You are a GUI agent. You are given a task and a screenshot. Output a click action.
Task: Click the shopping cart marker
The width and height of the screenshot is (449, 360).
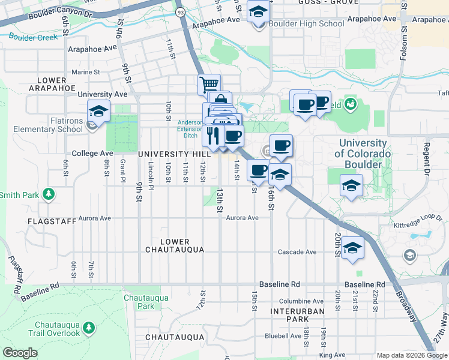point(209,84)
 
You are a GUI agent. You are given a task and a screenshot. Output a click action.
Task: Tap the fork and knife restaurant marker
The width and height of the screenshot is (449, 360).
point(212,135)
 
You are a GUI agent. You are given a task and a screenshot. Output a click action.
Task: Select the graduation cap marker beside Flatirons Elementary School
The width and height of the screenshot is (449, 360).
point(98,111)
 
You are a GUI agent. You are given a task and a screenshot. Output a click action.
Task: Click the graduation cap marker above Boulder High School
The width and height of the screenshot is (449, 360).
point(259,12)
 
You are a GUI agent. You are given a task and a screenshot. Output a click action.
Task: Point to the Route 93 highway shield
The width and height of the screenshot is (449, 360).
point(179,11)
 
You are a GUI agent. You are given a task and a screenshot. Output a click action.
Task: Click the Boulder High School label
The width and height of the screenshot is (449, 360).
point(306,24)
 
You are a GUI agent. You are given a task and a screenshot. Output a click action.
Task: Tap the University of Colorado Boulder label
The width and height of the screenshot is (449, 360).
point(363,154)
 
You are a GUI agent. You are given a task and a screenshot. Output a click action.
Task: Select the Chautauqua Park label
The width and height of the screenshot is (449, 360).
point(139,301)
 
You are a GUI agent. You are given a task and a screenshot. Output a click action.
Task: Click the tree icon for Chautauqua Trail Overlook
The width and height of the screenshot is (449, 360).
point(89,327)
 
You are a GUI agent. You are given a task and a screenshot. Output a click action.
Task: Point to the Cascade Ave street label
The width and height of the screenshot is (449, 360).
point(297,252)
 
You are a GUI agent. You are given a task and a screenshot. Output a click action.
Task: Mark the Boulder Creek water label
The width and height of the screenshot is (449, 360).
point(34,37)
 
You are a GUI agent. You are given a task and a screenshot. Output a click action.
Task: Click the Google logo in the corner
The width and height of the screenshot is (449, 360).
point(20,352)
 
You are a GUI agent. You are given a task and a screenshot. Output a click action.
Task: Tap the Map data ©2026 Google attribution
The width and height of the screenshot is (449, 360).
point(412,355)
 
